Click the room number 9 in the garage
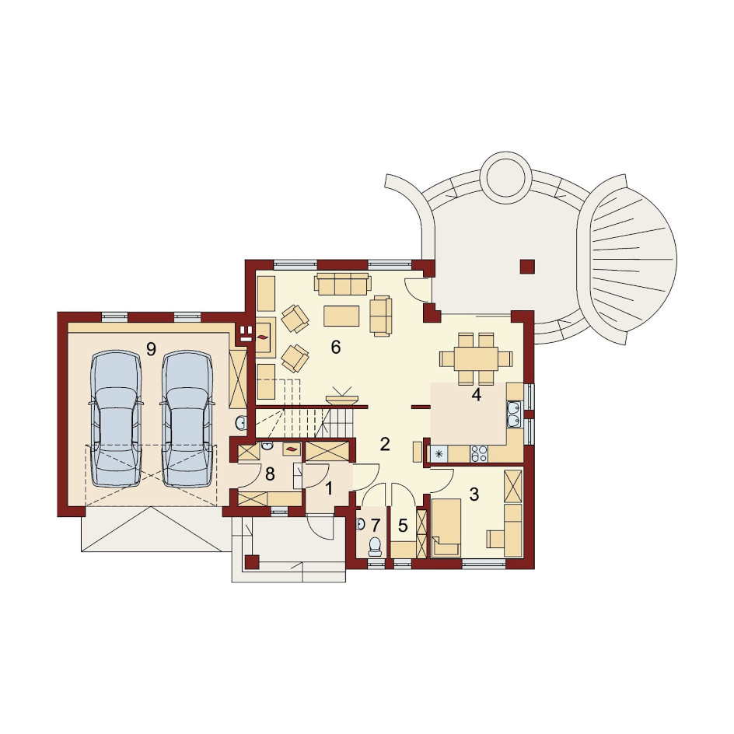tap(151, 349)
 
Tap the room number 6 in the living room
tap(336, 348)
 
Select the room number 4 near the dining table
tap(477, 395)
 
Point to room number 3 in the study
tap(474, 494)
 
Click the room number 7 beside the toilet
tap(375, 526)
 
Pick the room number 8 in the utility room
tap(270, 474)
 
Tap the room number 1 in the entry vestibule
tap(329, 489)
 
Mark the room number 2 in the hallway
tap(385, 444)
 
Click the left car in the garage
tap(116, 419)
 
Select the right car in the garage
tap(187, 419)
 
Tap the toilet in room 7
tap(375, 547)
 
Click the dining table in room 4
tap(475, 359)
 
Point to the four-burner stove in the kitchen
tap(479, 453)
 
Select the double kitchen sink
tap(514, 414)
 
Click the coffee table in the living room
tap(341, 316)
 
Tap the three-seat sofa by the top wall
tap(343, 285)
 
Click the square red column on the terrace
tap(527, 267)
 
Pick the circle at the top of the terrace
tap(506, 177)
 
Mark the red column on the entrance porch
tap(252, 562)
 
